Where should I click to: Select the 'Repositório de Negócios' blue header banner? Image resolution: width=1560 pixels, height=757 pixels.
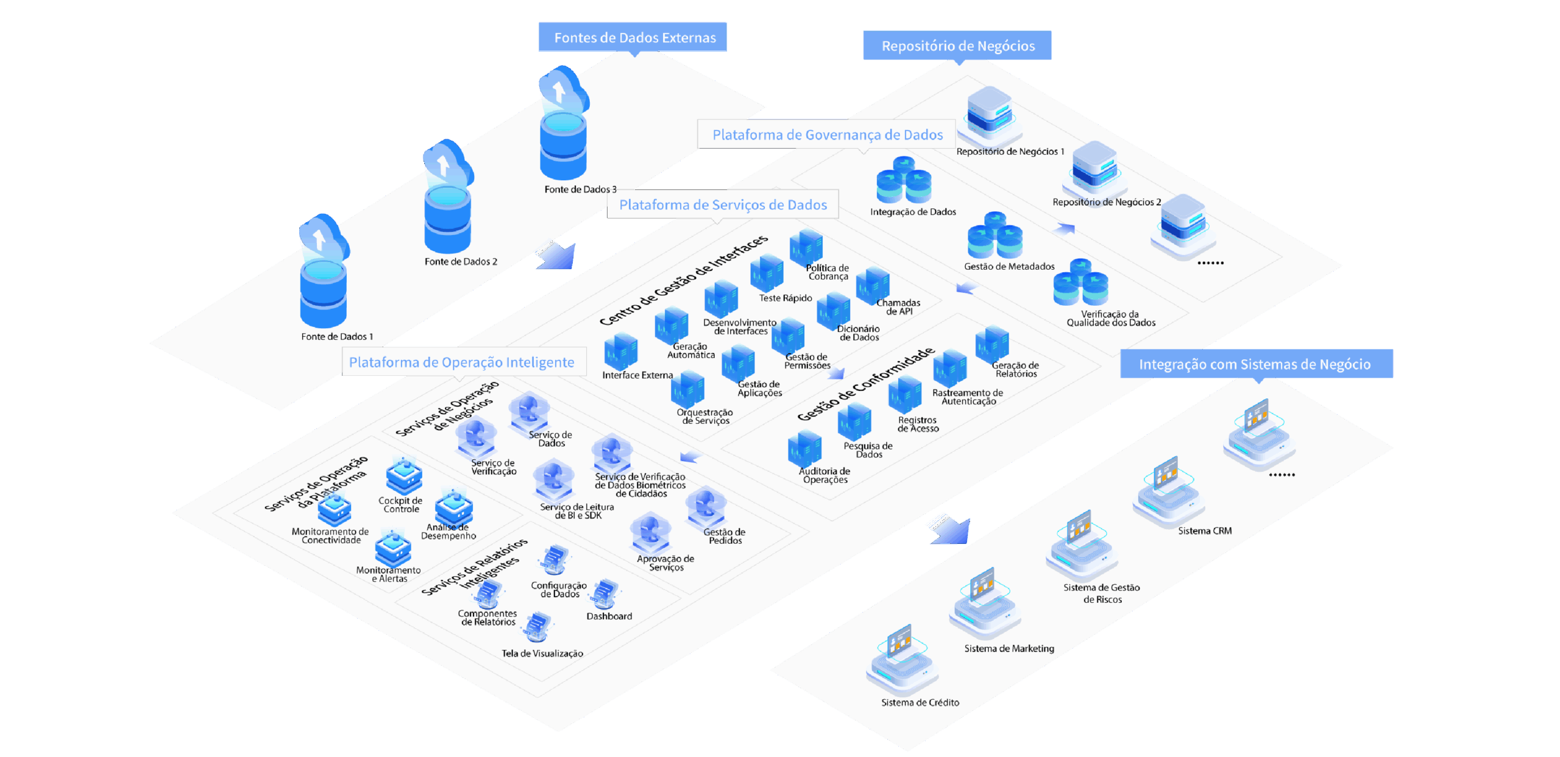(x=957, y=46)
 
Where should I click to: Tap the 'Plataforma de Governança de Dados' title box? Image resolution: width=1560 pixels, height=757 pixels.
(x=827, y=135)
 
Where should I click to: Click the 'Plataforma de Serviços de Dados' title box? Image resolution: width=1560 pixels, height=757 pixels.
(x=723, y=205)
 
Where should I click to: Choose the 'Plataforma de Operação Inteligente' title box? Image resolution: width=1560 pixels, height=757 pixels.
(x=461, y=362)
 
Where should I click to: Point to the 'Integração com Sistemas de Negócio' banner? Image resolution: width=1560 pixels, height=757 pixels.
(x=1255, y=364)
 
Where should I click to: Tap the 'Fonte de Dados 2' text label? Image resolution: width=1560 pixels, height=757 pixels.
(x=461, y=262)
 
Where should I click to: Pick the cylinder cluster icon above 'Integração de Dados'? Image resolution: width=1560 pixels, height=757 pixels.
(x=904, y=180)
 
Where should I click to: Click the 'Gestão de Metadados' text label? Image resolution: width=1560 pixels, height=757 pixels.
(x=1009, y=266)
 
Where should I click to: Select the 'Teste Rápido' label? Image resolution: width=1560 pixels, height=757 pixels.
(x=785, y=298)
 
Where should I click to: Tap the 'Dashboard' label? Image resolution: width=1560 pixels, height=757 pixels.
(x=609, y=616)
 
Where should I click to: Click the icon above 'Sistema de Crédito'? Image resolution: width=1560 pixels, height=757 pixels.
(x=902, y=661)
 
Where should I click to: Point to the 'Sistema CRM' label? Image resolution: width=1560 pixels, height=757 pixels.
(x=1205, y=531)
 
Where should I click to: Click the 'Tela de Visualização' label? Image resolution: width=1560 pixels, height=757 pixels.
(x=542, y=653)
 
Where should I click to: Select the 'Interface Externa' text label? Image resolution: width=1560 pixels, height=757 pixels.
(x=637, y=375)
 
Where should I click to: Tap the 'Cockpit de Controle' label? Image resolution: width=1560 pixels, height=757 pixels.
(x=400, y=505)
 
